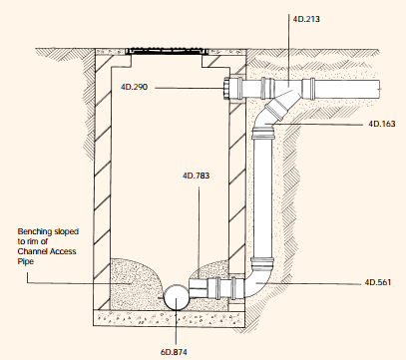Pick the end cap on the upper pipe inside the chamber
(x=233, y=90)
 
